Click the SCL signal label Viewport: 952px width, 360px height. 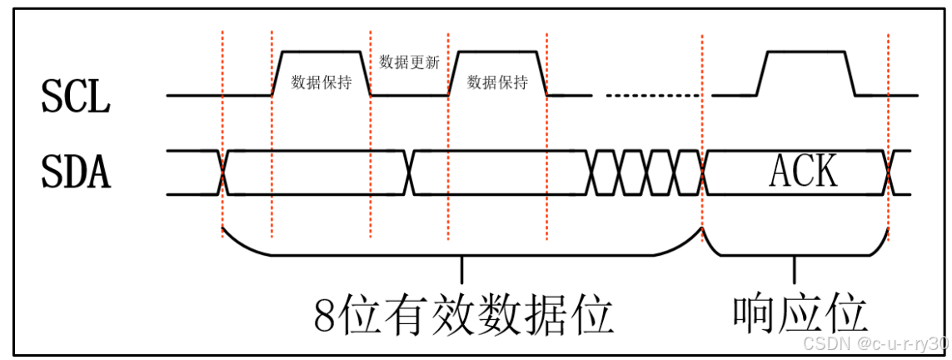tap(75, 98)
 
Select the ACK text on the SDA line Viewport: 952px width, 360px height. tap(803, 172)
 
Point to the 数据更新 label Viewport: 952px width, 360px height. tap(409, 62)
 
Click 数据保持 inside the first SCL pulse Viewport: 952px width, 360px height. tap(321, 82)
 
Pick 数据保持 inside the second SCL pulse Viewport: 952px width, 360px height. tap(497, 82)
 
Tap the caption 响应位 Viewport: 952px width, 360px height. tap(801, 315)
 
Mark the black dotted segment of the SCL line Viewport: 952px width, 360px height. tap(654, 95)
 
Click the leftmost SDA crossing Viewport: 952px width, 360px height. tap(223, 172)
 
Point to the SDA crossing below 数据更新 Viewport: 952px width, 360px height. tap(409, 172)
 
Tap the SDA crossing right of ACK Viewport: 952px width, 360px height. tap(889, 172)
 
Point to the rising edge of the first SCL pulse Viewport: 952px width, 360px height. tap(278, 73)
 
